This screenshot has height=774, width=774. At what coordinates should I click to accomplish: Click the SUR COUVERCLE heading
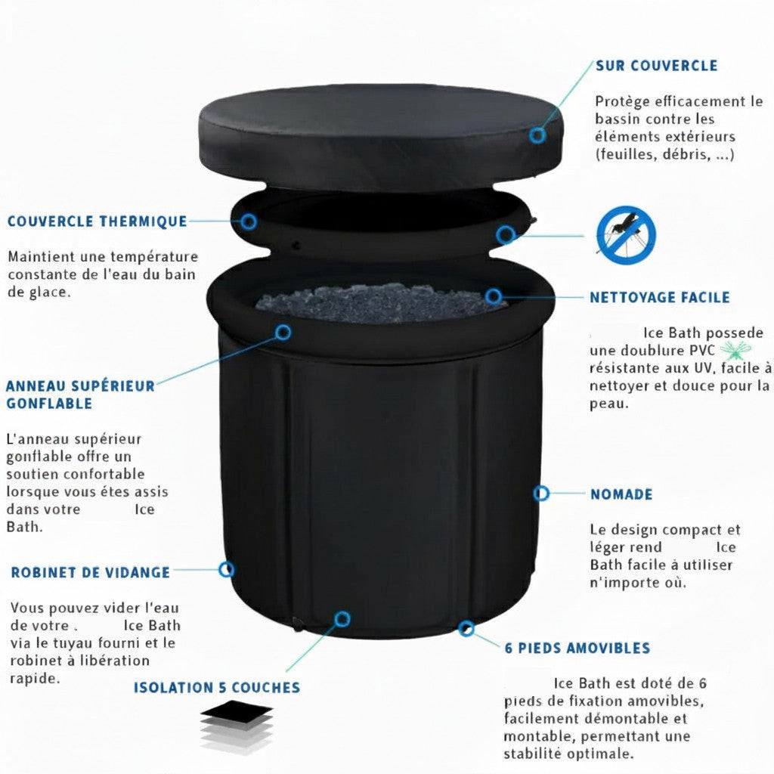pyautogui.click(x=656, y=66)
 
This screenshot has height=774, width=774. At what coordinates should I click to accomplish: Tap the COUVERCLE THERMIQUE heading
pyautogui.click(x=97, y=221)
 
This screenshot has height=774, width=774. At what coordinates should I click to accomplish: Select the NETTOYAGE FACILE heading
pyautogui.click(x=660, y=298)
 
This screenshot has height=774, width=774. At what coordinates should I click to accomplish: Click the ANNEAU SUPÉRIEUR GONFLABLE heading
pyautogui.click(x=80, y=395)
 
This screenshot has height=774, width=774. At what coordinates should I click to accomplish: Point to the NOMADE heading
pyautogui.click(x=621, y=494)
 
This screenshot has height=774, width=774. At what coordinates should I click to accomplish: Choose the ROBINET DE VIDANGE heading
pyautogui.click(x=90, y=572)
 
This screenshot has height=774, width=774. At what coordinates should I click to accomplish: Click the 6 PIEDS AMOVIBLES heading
pyautogui.click(x=577, y=648)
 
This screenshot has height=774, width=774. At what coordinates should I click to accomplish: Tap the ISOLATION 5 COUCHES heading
pyautogui.click(x=217, y=688)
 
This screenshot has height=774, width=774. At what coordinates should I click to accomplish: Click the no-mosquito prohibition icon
pyautogui.click(x=626, y=234)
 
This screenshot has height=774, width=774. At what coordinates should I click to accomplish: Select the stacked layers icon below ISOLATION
pyautogui.click(x=236, y=726)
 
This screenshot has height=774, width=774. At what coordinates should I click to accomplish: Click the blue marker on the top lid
pyautogui.click(x=537, y=135)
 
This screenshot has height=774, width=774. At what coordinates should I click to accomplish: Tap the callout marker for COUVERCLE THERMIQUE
pyautogui.click(x=249, y=221)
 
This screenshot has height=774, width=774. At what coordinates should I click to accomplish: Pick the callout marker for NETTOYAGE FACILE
pyautogui.click(x=494, y=296)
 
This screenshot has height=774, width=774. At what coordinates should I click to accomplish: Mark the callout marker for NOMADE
pyautogui.click(x=541, y=494)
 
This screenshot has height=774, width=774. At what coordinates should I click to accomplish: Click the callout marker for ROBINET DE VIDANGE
pyautogui.click(x=226, y=569)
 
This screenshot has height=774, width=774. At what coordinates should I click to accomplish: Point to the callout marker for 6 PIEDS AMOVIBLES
pyautogui.click(x=467, y=628)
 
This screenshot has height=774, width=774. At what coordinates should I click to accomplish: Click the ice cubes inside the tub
pyautogui.click(x=378, y=300)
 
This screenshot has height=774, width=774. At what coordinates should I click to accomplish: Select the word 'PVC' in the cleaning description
pyautogui.click(x=701, y=350)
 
